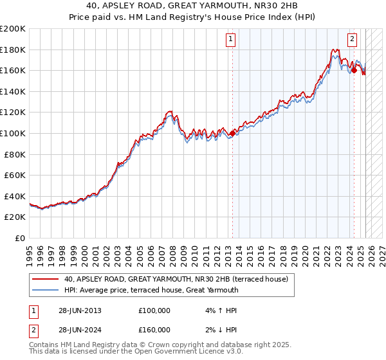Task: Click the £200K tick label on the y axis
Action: click(13, 29)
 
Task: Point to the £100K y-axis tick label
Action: click(13, 133)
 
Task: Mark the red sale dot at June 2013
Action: click(232, 133)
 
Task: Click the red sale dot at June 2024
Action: click(354, 71)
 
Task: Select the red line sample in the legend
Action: click(46, 279)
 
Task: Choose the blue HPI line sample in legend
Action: click(46, 290)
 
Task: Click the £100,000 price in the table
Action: click(154, 310)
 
